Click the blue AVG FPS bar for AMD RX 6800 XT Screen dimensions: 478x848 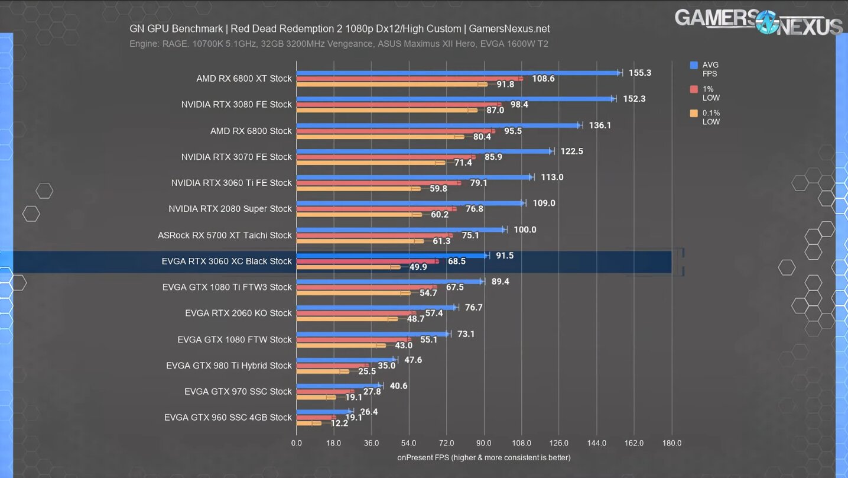[458, 73]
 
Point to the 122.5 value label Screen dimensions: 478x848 [571, 151]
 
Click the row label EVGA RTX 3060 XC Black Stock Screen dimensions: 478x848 [226, 261]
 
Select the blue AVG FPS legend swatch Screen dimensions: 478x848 [694, 65]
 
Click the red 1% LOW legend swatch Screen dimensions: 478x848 [694, 89]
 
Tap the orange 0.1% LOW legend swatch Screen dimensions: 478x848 [694, 113]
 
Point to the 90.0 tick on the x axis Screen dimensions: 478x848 [484, 443]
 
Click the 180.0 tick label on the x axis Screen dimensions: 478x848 [672, 443]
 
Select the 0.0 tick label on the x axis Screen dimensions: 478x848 [297, 443]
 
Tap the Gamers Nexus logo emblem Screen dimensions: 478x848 [766, 22]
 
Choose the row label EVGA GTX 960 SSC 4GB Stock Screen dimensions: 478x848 [228, 418]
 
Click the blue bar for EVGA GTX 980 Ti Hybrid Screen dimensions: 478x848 [346, 360]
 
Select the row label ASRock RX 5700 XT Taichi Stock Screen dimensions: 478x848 [225, 235]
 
